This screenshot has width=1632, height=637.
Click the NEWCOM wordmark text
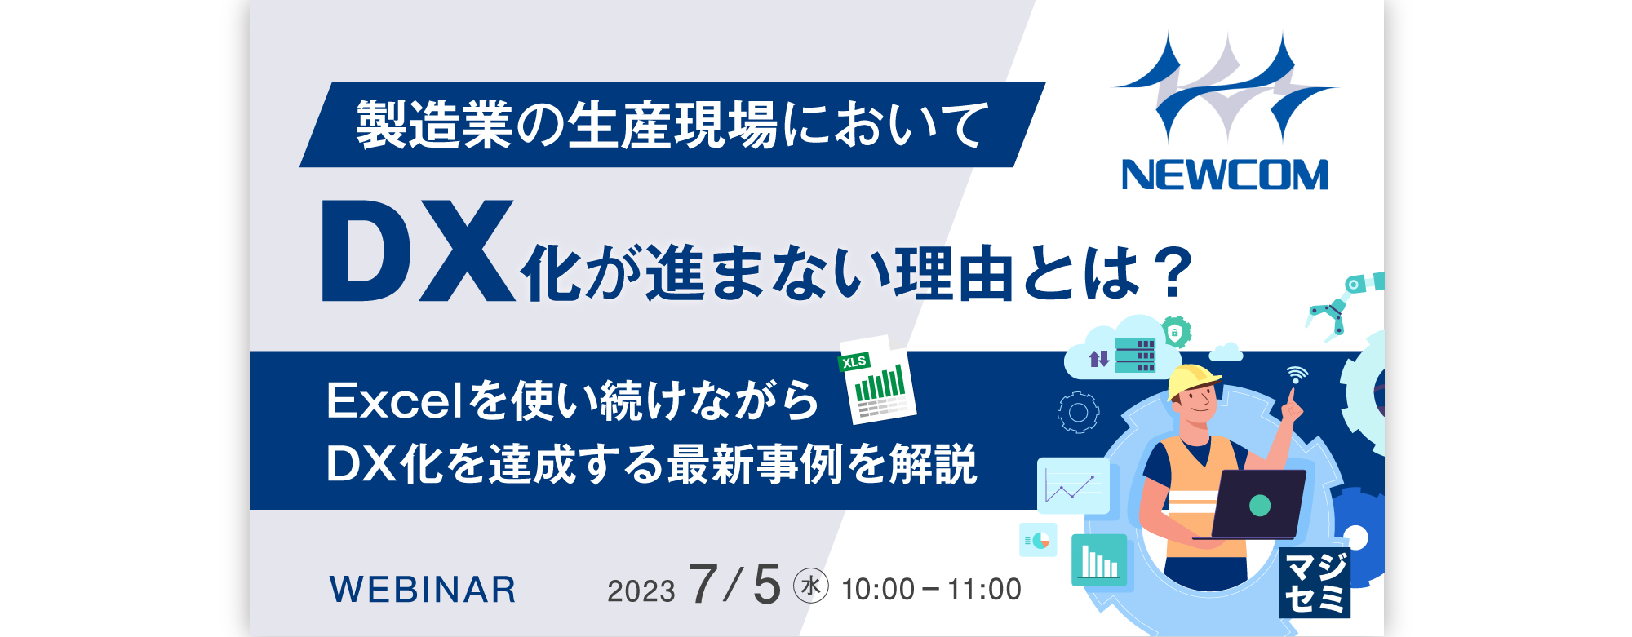click(x=1225, y=175)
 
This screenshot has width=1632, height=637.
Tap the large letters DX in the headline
click(x=419, y=251)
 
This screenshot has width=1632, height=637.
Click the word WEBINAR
click(x=423, y=590)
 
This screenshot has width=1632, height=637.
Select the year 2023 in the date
click(x=641, y=591)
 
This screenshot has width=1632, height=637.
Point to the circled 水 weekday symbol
click(x=811, y=586)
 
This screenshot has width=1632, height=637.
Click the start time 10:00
click(x=878, y=590)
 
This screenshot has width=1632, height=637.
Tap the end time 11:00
click(x=985, y=590)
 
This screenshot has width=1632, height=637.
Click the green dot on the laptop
click(x=1260, y=506)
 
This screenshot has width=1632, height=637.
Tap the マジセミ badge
click(x=1315, y=583)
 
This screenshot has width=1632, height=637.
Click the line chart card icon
click(x=1073, y=486)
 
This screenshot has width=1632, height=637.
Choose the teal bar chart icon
click(x=1099, y=560)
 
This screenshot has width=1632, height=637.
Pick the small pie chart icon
click(x=1038, y=540)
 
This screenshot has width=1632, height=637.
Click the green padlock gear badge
click(x=1175, y=332)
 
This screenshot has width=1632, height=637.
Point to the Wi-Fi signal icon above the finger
click(x=1297, y=375)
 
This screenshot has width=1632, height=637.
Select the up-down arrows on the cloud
click(x=1099, y=358)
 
